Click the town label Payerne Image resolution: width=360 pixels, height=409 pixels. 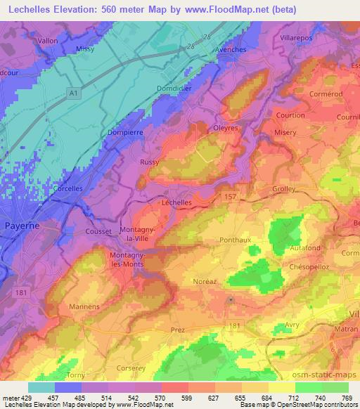[x=22, y=226]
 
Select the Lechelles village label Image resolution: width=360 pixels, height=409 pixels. [x=176, y=202]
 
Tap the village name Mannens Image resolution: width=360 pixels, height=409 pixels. [x=84, y=306]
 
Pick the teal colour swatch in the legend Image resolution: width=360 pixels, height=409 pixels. [x=41, y=387]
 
